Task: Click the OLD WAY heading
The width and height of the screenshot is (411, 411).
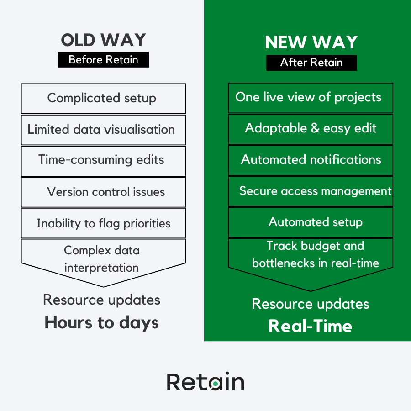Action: tap(103, 40)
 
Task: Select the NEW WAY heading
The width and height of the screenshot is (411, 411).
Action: tap(311, 42)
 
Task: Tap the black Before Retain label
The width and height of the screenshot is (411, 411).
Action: tap(103, 60)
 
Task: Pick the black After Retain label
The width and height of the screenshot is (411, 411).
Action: tap(311, 63)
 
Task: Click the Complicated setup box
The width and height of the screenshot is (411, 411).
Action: tap(103, 98)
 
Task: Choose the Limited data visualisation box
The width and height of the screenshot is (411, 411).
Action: tap(103, 130)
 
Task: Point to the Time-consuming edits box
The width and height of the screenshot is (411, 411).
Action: tap(103, 160)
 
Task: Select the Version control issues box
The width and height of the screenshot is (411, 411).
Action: tap(103, 192)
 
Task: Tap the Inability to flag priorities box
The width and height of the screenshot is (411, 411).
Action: tap(103, 223)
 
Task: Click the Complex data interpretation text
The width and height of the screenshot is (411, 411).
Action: tap(101, 259)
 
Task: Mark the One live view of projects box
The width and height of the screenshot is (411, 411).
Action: tap(311, 97)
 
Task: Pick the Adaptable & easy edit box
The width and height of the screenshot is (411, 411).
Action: tap(311, 128)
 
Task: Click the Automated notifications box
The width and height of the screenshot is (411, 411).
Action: tap(311, 160)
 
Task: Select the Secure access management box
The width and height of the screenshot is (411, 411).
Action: tap(311, 191)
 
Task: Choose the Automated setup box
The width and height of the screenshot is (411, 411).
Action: tap(311, 222)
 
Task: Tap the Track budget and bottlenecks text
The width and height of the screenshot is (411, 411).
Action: tap(315, 255)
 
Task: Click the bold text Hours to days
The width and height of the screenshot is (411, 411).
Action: tap(102, 323)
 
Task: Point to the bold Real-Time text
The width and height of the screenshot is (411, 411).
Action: tap(311, 326)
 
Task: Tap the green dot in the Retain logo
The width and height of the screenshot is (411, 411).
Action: tap(215, 385)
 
